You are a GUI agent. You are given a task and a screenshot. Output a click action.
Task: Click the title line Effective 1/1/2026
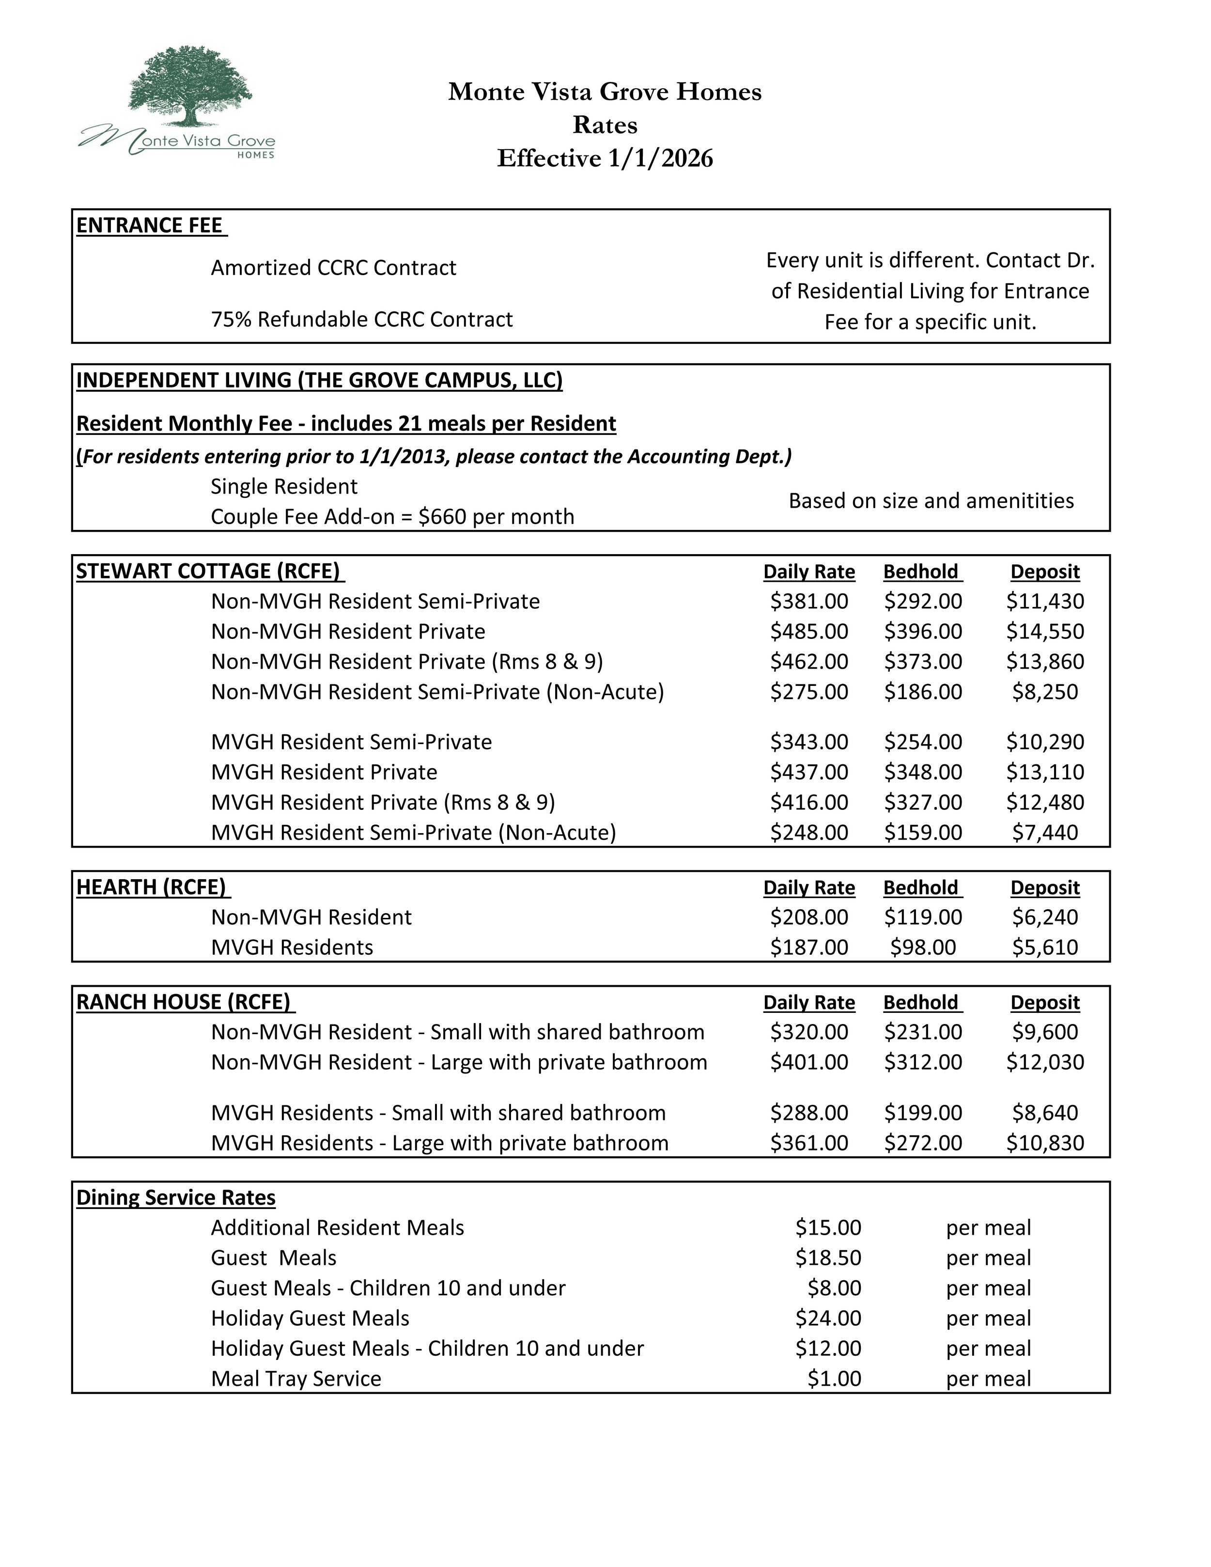click(605, 158)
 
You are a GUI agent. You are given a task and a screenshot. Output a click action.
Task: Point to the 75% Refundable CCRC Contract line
click(361, 319)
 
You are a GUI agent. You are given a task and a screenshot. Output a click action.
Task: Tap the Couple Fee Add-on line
click(392, 516)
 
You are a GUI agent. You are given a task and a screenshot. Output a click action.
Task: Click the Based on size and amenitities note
click(931, 501)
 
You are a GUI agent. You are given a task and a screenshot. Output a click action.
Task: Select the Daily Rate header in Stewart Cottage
click(808, 572)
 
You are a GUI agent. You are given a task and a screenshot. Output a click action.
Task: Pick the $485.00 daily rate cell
click(808, 631)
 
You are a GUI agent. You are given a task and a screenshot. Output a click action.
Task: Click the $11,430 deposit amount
click(1044, 601)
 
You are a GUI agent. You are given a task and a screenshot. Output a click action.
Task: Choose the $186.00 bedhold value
click(923, 692)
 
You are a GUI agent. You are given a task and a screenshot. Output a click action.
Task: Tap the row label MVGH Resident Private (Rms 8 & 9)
click(383, 802)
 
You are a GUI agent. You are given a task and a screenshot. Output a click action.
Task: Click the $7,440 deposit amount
click(1044, 832)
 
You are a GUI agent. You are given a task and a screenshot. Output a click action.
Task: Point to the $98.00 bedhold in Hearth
click(923, 947)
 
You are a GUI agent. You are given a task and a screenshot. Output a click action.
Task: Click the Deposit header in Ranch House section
click(1044, 1002)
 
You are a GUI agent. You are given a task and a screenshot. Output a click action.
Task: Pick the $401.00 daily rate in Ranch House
click(808, 1062)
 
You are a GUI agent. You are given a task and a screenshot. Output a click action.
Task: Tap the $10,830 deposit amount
click(1044, 1143)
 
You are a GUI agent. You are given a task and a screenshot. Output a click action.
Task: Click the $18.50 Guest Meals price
click(828, 1258)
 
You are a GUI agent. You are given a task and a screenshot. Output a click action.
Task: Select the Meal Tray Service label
click(295, 1378)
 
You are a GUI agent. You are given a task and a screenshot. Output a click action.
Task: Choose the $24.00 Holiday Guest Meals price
click(828, 1318)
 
